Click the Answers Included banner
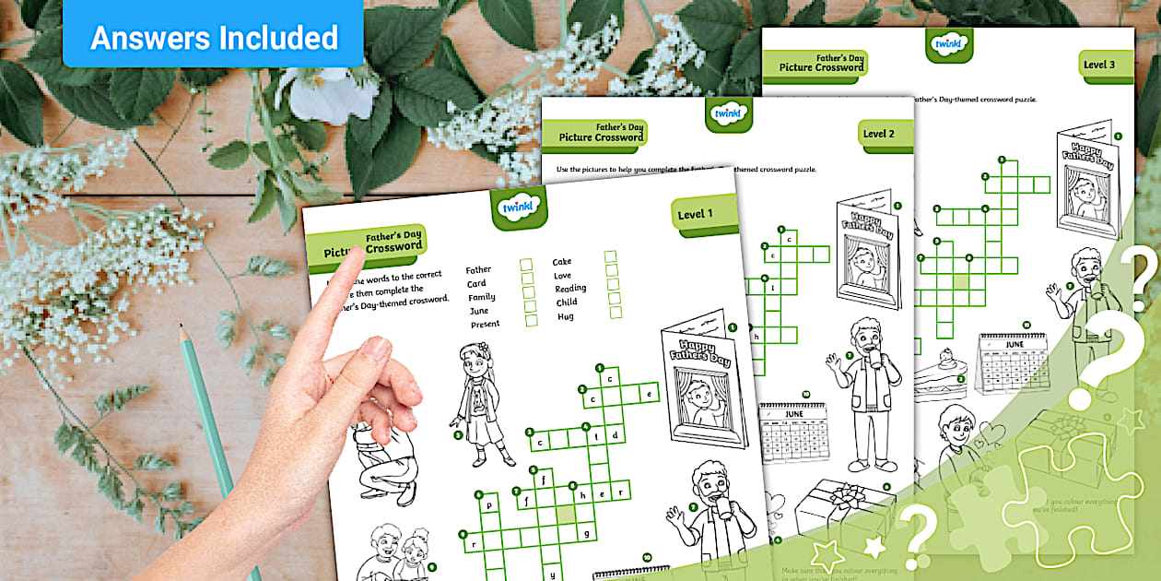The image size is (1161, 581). click(x=214, y=38)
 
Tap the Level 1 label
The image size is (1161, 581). click(x=696, y=215)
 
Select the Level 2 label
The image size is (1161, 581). click(x=878, y=134)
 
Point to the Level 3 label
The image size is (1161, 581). click(x=1098, y=65)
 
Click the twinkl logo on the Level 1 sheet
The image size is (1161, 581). click(x=519, y=207)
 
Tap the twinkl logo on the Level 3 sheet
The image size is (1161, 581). click(x=949, y=43)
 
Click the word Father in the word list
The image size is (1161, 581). click(x=478, y=270)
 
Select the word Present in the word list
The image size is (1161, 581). click(x=485, y=324)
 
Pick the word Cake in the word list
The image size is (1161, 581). click(x=562, y=262)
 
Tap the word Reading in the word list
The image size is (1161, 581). click(x=570, y=289)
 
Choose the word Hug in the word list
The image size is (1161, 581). click(x=565, y=316)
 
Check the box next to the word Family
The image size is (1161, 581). click(x=528, y=293)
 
